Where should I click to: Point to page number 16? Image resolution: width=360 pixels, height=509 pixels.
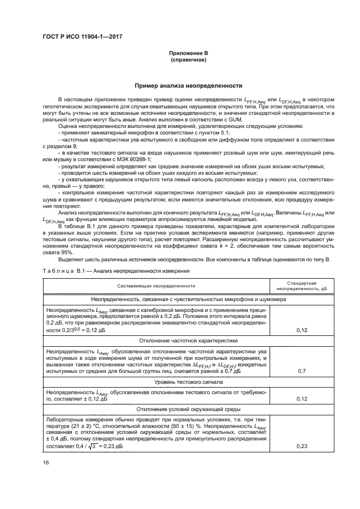pyautogui.click(x=46, y=463)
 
